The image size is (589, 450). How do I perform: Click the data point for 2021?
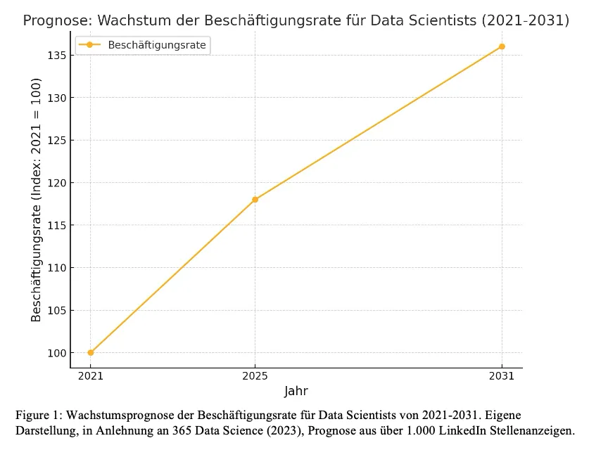(x=91, y=352)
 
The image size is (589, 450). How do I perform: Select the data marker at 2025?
(x=255, y=199)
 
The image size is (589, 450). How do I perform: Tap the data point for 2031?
(x=502, y=46)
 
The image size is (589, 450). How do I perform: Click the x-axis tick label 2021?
(x=91, y=376)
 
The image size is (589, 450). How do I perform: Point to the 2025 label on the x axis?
(x=255, y=376)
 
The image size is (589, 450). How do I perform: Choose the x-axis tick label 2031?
(x=502, y=376)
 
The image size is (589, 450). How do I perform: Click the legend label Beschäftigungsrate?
(x=158, y=45)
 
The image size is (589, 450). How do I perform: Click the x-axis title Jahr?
(x=296, y=391)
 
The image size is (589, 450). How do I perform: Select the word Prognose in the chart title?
(x=54, y=20)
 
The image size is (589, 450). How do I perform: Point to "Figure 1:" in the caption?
(x=37, y=413)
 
